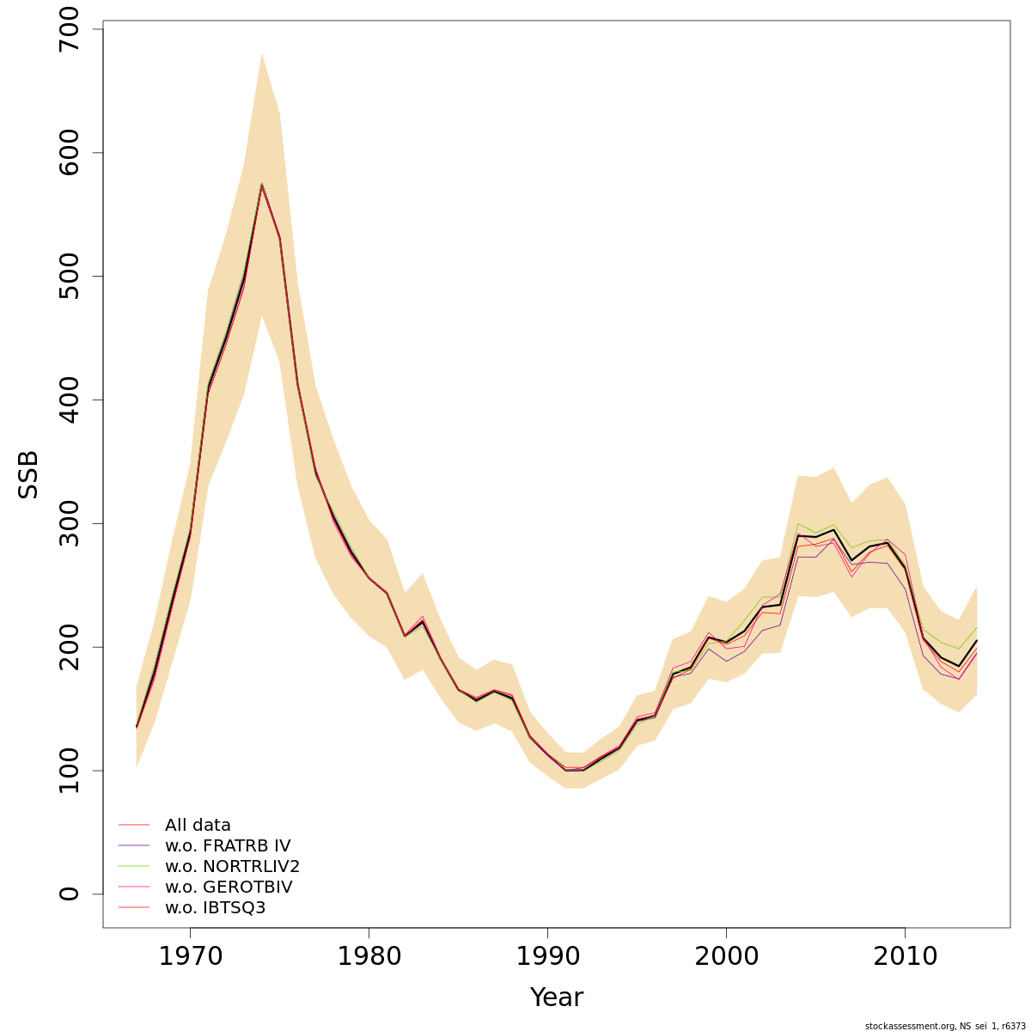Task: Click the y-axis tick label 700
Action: (x=70, y=29)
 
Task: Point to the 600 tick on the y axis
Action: (x=70, y=153)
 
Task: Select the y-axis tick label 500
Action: (x=70, y=277)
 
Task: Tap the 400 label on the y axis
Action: (x=70, y=400)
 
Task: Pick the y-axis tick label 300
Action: (x=70, y=523)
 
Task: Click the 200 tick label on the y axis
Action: (x=70, y=647)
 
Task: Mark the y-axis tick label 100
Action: (x=70, y=771)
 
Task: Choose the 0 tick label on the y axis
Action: (x=70, y=894)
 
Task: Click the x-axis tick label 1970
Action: (x=190, y=956)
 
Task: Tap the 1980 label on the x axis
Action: (x=369, y=956)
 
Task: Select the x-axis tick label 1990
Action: (x=547, y=956)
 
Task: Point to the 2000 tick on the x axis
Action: (x=726, y=956)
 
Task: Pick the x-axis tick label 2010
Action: (x=905, y=956)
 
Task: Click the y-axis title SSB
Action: (x=29, y=474)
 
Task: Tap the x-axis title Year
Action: (x=556, y=997)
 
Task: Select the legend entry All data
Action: (x=198, y=826)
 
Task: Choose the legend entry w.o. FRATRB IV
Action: (x=227, y=846)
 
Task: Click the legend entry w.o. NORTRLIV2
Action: (x=232, y=867)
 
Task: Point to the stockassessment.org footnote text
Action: (x=944, y=1026)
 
